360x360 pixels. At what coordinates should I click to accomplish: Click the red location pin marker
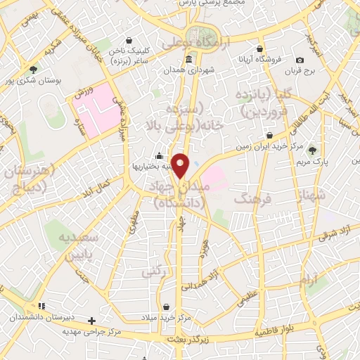[x=181, y=165]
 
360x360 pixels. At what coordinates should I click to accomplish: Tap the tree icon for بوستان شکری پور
[x=33, y=69]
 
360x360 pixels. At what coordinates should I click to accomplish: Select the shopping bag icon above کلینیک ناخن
[x=129, y=41]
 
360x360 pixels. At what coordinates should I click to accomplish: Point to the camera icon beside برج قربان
[x=300, y=60]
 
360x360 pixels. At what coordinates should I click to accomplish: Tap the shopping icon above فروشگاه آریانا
[x=260, y=49]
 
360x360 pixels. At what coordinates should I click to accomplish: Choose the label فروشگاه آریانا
[x=260, y=60]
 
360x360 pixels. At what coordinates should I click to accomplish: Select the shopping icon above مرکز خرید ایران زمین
[x=270, y=135]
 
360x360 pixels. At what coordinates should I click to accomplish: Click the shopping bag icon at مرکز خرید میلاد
[x=166, y=307]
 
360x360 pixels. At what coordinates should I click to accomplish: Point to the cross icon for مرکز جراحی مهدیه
[x=91, y=321]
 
